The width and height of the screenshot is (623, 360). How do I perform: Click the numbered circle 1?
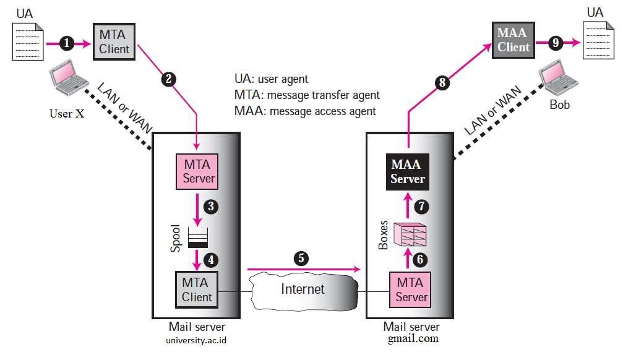(x=67, y=43)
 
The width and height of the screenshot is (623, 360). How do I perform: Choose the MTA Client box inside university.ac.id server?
(x=197, y=289)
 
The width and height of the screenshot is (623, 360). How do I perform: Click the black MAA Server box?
(x=407, y=172)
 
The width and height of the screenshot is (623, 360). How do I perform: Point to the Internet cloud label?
(x=303, y=288)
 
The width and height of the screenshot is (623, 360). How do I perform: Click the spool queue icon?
(x=198, y=238)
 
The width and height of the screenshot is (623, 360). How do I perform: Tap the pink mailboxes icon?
(x=410, y=234)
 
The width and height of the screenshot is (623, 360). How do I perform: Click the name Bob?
(x=559, y=105)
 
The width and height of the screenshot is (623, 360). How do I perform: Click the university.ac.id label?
(x=197, y=339)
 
